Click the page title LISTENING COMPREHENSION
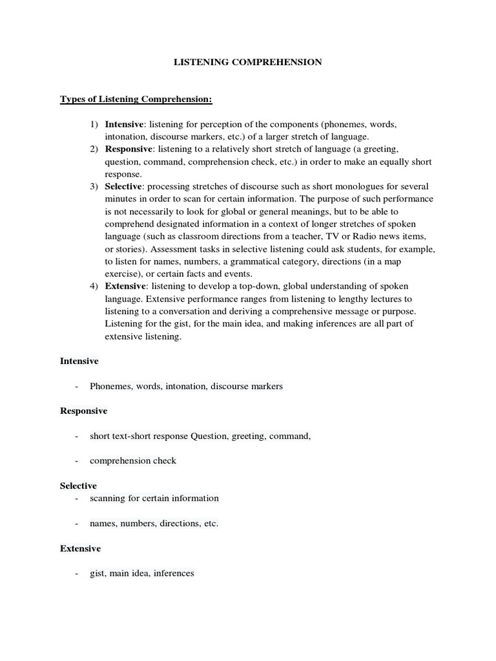coord(248,63)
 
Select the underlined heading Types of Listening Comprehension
coord(136,99)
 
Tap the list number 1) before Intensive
coord(94,124)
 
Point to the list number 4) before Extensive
coord(94,286)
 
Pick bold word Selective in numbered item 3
coord(123,187)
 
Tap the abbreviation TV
coord(335,236)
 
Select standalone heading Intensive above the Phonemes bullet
coord(79,361)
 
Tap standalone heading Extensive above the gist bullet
coord(81,548)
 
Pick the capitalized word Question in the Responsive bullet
coord(209,436)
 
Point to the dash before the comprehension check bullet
coord(77,461)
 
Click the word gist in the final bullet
coord(98,573)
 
